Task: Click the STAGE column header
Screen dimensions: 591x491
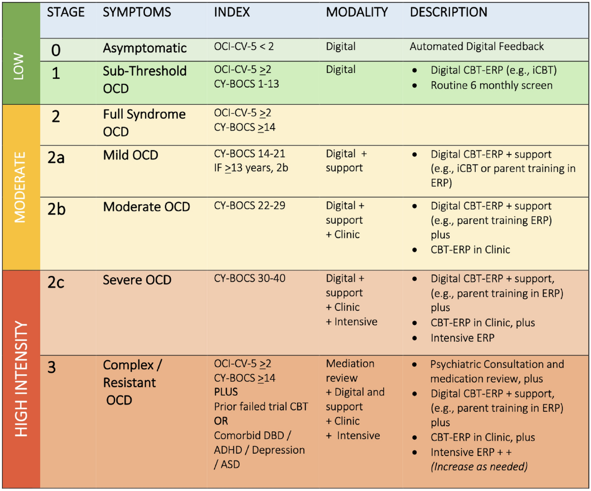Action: pos(66,12)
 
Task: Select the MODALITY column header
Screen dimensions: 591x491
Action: pos(357,12)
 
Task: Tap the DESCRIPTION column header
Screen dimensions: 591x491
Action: pos(449,12)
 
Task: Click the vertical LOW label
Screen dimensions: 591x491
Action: pos(19,66)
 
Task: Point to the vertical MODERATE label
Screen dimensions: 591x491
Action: pos(20,187)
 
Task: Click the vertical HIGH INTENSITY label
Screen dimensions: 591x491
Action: pos(21,379)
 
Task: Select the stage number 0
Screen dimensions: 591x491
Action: pos(56,50)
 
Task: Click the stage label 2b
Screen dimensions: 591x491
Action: pos(56,209)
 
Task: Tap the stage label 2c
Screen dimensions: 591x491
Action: pos(56,282)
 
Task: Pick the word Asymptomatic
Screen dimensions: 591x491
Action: pos(145,48)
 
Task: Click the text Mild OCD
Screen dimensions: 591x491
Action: pos(131,155)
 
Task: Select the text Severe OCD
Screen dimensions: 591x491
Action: pos(137,280)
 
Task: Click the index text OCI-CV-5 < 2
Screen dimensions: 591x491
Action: pos(244,46)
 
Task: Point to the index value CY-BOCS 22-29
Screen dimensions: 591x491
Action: pos(249,205)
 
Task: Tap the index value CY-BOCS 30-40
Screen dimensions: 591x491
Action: pos(249,278)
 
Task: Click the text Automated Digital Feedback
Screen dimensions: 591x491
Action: pos(477,46)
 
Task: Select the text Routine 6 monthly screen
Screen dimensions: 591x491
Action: pos(492,85)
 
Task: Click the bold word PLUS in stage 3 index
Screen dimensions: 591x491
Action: pos(226,392)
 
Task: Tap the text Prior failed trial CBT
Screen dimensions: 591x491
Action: pos(261,406)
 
